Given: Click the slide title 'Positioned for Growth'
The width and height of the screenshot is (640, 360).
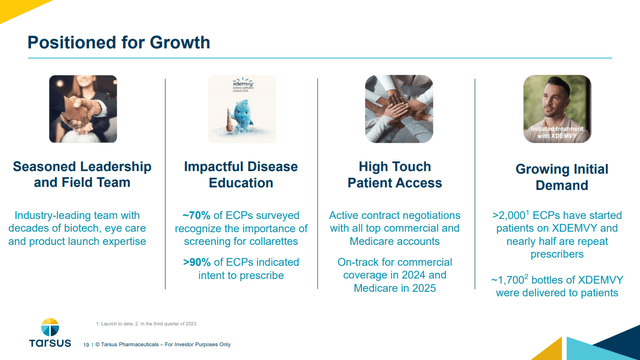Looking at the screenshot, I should click(x=118, y=42).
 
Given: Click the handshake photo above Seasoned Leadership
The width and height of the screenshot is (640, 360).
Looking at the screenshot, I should click(x=84, y=109).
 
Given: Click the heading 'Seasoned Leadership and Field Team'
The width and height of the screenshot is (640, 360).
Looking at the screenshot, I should click(x=84, y=175).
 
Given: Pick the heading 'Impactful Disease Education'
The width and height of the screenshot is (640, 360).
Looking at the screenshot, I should click(x=240, y=175).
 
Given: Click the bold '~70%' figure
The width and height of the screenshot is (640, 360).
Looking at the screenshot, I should click(x=198, y=215).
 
